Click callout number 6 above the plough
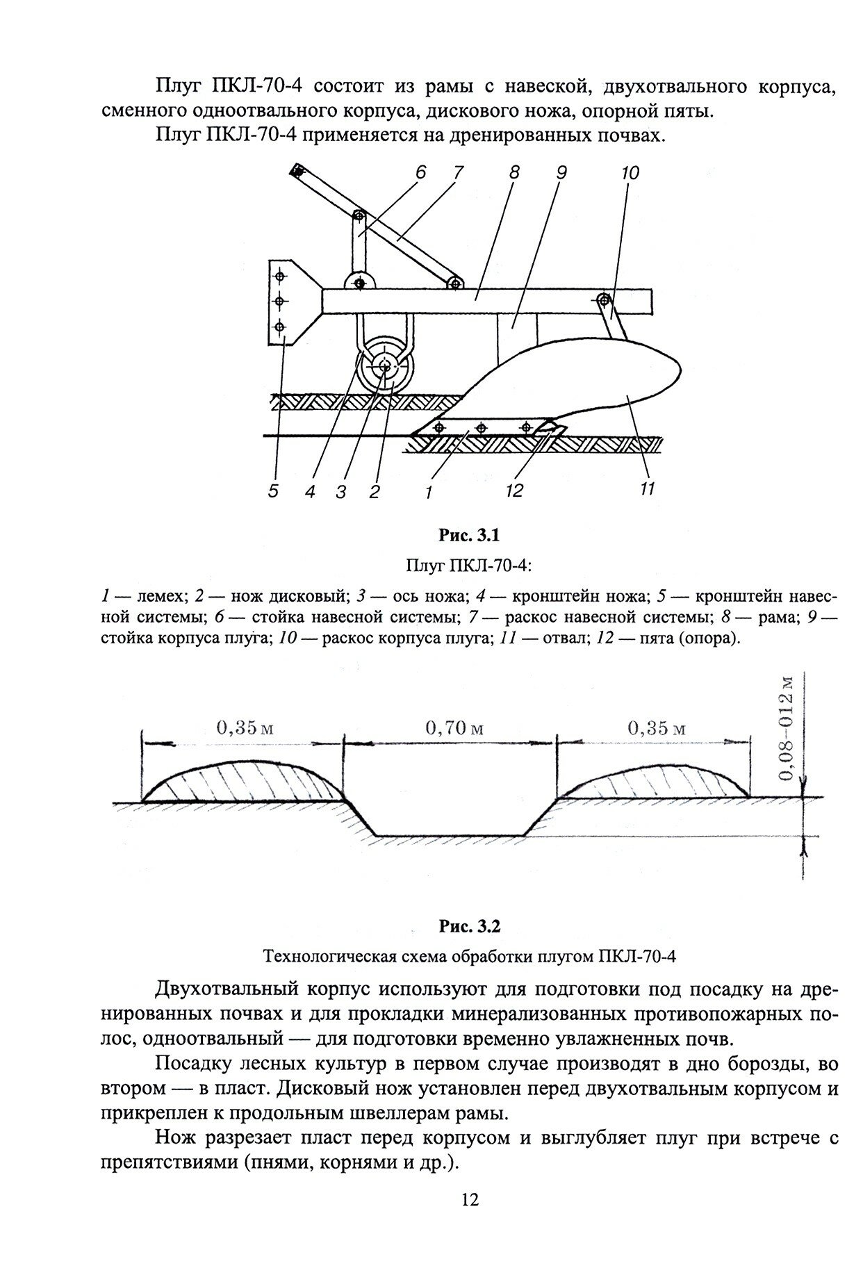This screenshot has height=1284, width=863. point(420,173)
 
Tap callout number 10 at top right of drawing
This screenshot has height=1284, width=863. point(630,173)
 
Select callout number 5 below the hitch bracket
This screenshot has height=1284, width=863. point(273,491)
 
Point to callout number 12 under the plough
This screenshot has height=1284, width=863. point(514,491)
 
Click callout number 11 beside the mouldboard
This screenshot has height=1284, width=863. point(647,489)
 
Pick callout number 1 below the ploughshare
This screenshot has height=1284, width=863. point(429,493)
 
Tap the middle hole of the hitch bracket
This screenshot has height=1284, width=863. point(279,301)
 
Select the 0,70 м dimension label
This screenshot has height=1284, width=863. point(454,728)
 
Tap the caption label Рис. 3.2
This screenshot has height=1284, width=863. point(469,927)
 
